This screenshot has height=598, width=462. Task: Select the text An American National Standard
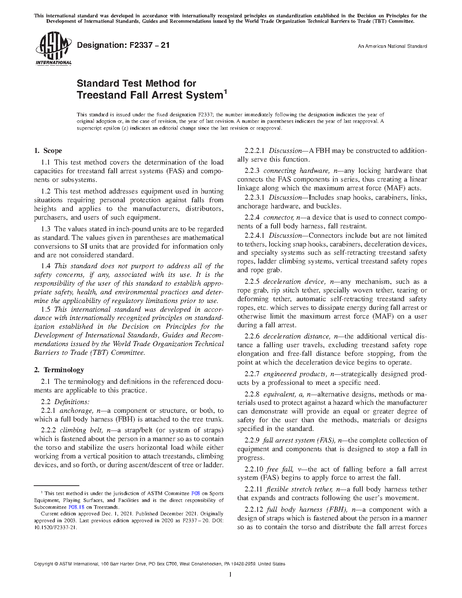[x=392, y=46]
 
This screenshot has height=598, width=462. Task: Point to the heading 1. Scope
[x=48, y=151]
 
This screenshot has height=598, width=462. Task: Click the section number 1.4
[x=46, y=266]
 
